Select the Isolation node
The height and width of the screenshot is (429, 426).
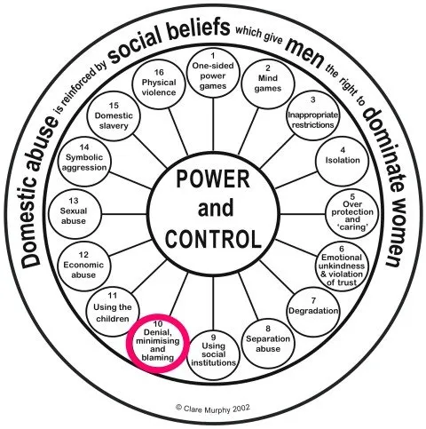(343, 161)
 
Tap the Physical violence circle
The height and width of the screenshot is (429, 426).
(159, 83)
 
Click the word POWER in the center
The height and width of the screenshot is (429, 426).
(213, 179)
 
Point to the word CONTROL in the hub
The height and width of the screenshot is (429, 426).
(213, 239)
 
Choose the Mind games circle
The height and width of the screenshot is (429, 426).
(268, 83)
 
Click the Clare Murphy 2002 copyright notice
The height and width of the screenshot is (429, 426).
(213, 409)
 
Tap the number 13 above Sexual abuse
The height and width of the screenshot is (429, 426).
(74, 201)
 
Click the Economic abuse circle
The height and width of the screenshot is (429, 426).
(83, 266)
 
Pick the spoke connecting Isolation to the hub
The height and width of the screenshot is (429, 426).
(296, 179)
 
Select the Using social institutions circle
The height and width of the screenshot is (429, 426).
(213, 354)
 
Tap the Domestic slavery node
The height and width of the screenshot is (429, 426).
(114, 116)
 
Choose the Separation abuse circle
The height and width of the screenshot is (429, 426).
(268, 344)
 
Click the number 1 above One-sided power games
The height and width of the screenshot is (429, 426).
(213, 56)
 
